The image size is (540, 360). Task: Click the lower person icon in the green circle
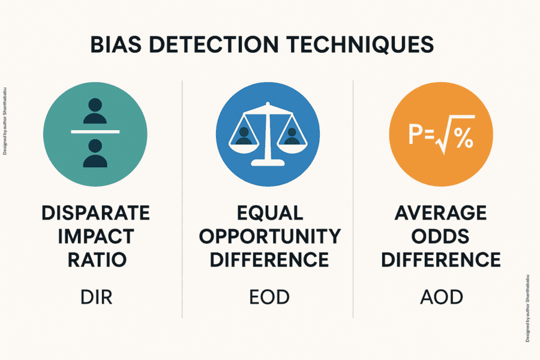95,152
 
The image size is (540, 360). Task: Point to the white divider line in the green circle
95,131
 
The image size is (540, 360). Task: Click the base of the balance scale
267,162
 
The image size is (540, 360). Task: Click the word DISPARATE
95,213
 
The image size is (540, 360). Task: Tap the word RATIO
95,260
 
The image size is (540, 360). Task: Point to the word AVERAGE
441,213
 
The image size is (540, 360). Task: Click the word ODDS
441,236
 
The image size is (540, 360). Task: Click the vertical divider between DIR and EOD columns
182,198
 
